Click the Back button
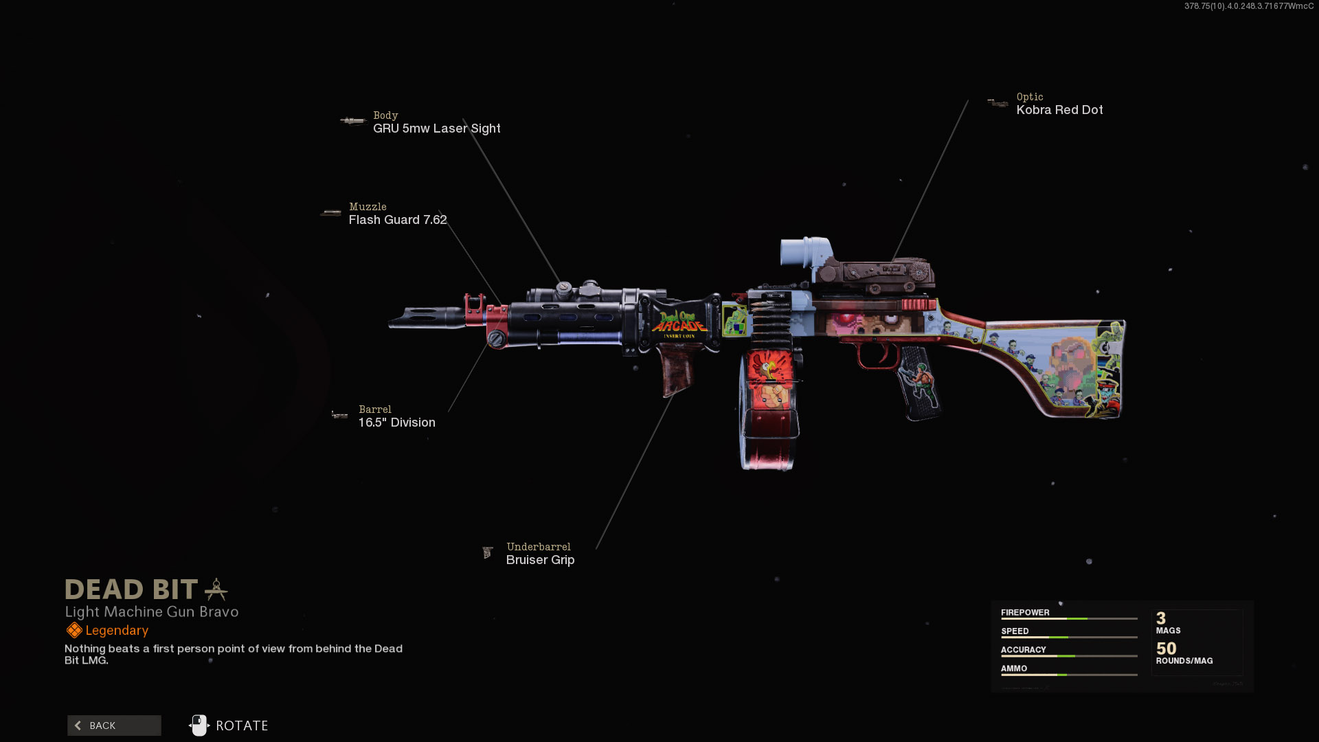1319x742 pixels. tap(114, 726)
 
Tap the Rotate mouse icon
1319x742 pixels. tap(199, 726)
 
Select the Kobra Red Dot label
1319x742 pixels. tap(1059, 110)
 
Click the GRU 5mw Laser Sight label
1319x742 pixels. tap(436, 128)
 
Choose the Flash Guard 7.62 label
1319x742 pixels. tap(398, 220)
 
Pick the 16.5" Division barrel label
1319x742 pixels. tap(396, 423)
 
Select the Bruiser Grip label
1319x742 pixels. tap(540, 560)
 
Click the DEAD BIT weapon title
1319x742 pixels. tap(131, 589)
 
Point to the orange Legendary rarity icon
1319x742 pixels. tap(74, 630)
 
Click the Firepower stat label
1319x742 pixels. tap(1025, 612)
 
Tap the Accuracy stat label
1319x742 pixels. tap(1023, 649)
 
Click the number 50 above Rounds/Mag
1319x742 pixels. tap(1166, 649)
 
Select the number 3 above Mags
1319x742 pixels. tap(1161, 618)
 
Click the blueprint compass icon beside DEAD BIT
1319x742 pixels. tap(216, 589)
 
